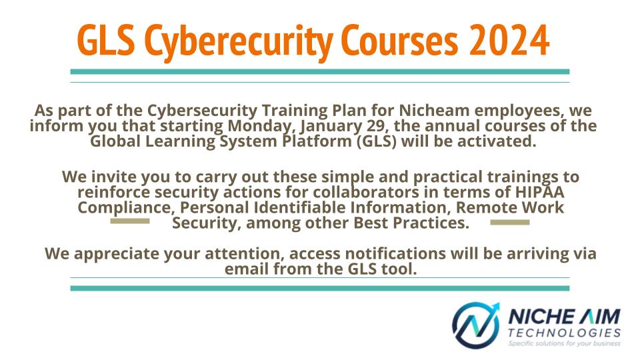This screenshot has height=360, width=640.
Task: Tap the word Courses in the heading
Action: [399, 41]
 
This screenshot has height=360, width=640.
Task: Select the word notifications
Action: [395, 253]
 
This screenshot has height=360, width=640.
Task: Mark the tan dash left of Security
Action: [130, 221]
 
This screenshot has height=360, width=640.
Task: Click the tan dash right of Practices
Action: [510, 223]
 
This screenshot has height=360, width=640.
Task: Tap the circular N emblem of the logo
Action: [476, 325]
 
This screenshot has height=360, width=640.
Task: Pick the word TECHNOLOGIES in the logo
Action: [565, 333]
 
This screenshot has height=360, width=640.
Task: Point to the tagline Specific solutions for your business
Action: [565, 343]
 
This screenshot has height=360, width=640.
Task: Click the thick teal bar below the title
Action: [319, 72]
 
